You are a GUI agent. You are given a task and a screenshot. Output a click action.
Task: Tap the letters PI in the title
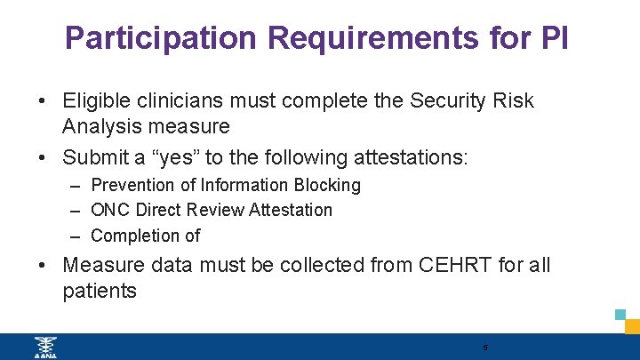tap(553, 37)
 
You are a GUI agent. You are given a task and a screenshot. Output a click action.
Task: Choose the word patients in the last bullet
tap(100, 291)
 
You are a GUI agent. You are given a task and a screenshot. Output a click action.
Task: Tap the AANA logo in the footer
tap(44, 347)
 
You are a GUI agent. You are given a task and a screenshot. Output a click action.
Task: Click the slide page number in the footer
tap(485, 348)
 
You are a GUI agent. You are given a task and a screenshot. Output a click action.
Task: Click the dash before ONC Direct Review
tap(75, 211)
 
